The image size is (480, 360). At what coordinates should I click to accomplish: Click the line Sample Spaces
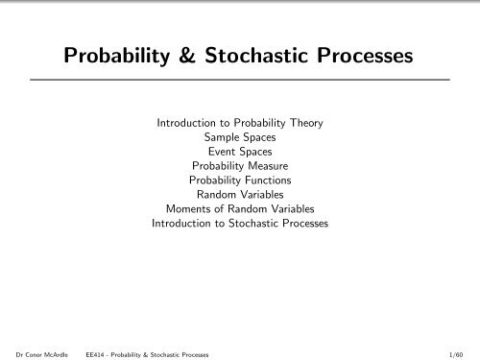[239, 137]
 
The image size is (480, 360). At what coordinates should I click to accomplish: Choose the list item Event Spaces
[239, 152]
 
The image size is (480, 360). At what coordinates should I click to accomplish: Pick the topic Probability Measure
[239, 166]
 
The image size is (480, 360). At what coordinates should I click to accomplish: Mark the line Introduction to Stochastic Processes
[239, 224]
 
